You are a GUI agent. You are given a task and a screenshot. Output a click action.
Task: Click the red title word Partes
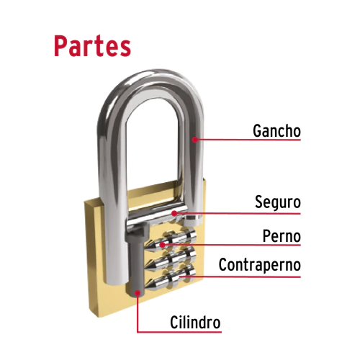coord(93,46)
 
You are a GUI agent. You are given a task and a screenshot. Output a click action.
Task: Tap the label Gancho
coord(276,131)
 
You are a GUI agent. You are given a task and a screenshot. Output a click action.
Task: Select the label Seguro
coord(278,202)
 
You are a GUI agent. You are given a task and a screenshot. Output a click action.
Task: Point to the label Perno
coord(282,236)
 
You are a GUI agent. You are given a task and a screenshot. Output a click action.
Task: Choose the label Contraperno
coord(260,265)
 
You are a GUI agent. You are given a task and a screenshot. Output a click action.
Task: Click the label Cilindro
coord(195,323)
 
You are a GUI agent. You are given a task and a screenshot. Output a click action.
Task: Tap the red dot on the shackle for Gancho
coord(195,140)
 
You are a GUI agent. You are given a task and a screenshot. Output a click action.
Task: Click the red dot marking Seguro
coord(174,213)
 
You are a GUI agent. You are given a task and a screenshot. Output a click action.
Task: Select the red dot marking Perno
coord(163,245)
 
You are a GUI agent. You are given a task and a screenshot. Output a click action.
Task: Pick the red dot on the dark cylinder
coord(138,293)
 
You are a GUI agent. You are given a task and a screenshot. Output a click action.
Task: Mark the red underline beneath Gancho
coord(248,140)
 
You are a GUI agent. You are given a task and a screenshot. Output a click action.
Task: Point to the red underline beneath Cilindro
coord(179,332)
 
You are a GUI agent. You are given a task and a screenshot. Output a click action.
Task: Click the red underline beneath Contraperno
coord(240,277)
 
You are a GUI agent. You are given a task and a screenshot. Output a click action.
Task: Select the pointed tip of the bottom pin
coord(146,287)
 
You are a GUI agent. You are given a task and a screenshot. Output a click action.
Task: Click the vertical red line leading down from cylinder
coord(138,312)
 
